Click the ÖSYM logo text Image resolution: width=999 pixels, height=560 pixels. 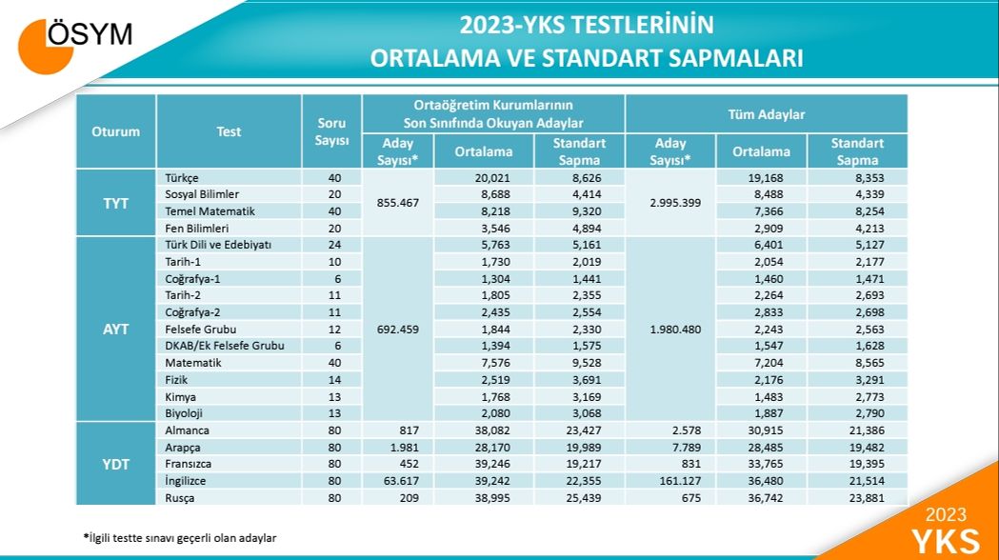(x=90, y=35)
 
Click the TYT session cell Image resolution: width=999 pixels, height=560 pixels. (x=115, y=203)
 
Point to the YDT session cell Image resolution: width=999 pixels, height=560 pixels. (x=115, y=464)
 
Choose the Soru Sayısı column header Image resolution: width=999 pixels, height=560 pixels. (x=331, y=131)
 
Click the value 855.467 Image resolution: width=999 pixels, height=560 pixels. (x=397, y=203)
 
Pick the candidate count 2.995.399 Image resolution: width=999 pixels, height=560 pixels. (x=669, y=203)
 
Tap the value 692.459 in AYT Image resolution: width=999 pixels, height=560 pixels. (x=397, y=329)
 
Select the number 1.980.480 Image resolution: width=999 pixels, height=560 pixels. (x=669, y=329)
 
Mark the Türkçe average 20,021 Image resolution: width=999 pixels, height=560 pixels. (x=484, y=178)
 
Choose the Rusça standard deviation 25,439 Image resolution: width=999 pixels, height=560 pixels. (x=579, y=498)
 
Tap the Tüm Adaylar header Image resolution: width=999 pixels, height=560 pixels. (x=767, y=114)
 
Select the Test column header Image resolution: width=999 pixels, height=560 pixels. (x=229, y=131)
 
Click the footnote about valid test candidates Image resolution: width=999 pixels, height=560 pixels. (x=180, y=538)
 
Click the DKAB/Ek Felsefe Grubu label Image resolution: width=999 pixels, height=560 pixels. (x=225, y=345)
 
